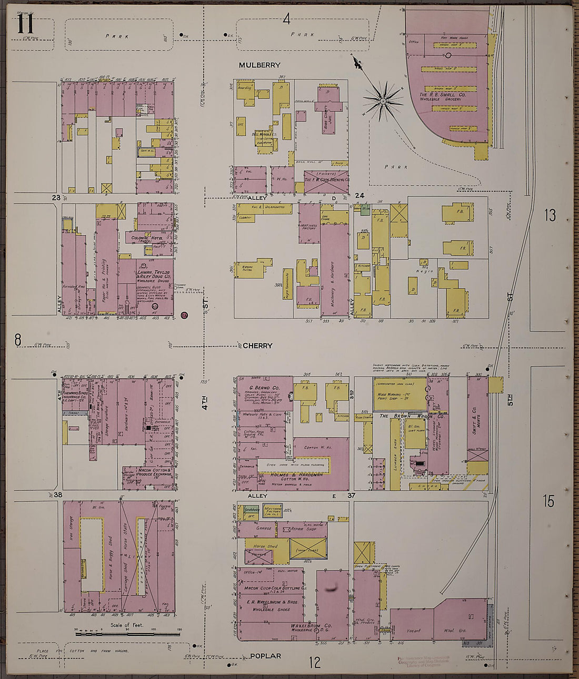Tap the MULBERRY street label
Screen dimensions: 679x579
(259, 65)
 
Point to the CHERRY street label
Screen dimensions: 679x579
(257, 346)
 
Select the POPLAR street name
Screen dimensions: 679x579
(265, 656)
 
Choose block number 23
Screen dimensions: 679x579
(56, 198)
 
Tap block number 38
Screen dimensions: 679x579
(57, 495)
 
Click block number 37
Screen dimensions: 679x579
(352, 495)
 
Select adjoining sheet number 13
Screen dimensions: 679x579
(550, 216)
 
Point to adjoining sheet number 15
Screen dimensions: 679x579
(548, 501)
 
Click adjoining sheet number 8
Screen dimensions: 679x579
(17, 341)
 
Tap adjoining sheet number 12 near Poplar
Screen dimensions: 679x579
(314, 662)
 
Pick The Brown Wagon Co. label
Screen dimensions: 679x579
(404, 415)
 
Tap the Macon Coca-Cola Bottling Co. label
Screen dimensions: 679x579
(273, 587)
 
